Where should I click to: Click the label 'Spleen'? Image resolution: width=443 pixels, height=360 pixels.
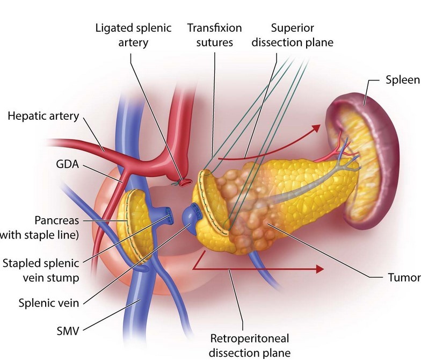(x=402, y=81)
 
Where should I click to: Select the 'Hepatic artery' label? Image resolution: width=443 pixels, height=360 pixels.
(x=44, y=116)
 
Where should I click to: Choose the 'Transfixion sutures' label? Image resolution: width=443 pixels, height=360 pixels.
(x=214, y=34)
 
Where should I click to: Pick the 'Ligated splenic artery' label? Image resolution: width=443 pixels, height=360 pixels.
(x=133, y=34)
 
